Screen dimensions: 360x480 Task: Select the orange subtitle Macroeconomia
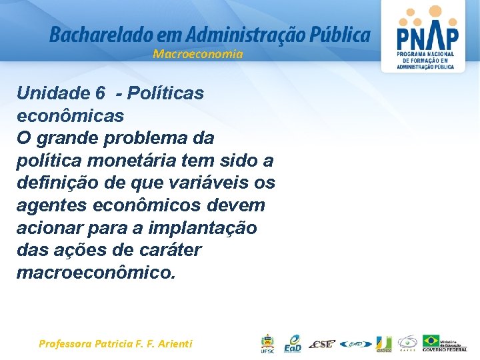click(198, 54)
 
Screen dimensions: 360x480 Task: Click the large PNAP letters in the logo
click(427, 37)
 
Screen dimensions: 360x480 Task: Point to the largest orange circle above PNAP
click(435, 11)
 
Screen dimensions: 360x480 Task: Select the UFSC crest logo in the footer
click(267, 343)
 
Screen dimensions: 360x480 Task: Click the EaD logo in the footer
click(293, 343)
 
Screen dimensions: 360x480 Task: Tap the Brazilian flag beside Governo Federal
click(431, 341)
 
